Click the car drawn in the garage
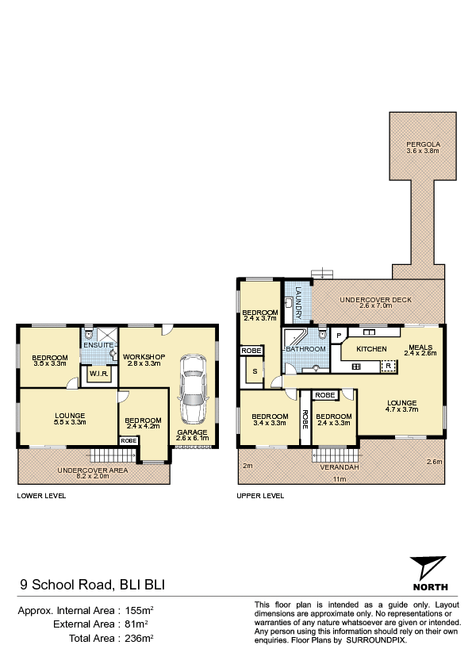point(193,390)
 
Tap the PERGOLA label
point(423,144)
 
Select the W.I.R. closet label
point(99,374)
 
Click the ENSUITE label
point(98,344)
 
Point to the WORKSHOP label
point(144,356)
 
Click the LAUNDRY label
point(298,302)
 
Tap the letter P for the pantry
point(339,336)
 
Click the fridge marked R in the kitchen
point(389,366)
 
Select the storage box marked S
point(255,371)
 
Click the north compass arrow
point(428,567)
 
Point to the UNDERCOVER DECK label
point(376,300)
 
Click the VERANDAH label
point(340,467)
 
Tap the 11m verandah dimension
point(340,479)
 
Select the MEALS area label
point(420,347)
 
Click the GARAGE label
point(192,432)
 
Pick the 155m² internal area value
point(139,611)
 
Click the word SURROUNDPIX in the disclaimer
point(376,640)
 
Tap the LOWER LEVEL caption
point(41,496)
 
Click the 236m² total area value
point(139,638)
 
